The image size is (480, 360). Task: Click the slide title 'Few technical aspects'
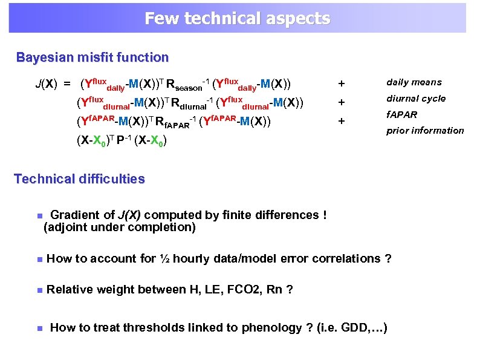pos(237,18)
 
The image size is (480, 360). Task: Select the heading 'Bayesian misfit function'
pos(92,58)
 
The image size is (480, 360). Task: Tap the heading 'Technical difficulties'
pos(79,179)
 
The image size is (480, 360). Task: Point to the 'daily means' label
pos(414,82)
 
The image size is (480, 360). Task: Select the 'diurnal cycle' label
pos(416,99)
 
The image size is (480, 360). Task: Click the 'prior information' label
pos(425,131)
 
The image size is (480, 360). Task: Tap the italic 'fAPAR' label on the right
pos(402,114)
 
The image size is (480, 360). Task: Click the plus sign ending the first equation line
pos(342,83)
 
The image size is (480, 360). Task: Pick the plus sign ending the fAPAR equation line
pos(342,121)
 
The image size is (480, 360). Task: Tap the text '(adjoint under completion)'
pos(120,227)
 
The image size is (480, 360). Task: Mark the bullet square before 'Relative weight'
pos(38,290)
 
